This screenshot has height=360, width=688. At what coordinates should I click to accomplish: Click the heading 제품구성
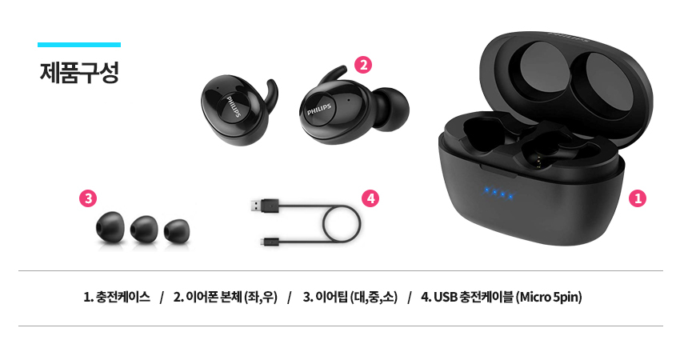(79, 73)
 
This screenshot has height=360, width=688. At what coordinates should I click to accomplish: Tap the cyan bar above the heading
(79, 44)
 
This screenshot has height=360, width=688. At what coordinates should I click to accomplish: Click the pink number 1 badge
(638, 198)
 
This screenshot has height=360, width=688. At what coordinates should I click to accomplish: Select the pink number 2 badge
(363, 65)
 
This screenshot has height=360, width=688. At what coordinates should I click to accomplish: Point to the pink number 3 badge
(88, 198)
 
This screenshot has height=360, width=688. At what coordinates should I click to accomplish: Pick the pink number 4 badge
(370, 198)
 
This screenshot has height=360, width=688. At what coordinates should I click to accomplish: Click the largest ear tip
(110, 226)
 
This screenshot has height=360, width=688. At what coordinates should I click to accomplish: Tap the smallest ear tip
(177, 230)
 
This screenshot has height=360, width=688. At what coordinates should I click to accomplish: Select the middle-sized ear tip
(144, 228)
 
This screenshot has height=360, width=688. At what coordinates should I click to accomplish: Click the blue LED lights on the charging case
(498, 193)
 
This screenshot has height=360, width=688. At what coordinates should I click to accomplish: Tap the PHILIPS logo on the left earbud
(234, 106)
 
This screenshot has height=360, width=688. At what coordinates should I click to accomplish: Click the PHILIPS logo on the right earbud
(319, 110)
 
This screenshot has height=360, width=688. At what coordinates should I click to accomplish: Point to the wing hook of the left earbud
(270, 95)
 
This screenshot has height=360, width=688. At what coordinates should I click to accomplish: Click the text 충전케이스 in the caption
(123, 298)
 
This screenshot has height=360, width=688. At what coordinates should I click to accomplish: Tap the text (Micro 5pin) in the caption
(549, 298)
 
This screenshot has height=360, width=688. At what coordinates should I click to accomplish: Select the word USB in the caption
(446, 298)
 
